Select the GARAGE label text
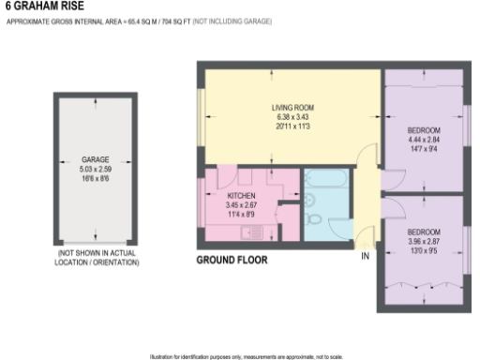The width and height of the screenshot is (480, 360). click(x=94, y=160)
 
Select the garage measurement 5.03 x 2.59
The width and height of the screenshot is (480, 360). click(x=94, y=169)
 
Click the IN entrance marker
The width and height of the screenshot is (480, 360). click(x=365, y=255)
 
